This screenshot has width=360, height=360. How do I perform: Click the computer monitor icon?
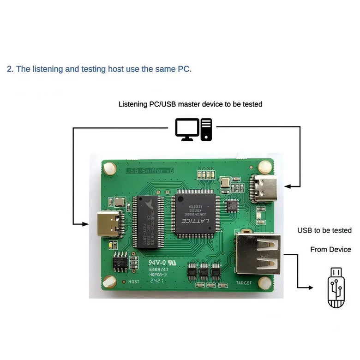(x=187, y=129)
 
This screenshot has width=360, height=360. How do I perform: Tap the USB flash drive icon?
(x=336, y=288)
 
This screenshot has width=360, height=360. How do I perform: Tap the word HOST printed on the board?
(x=133, y=282)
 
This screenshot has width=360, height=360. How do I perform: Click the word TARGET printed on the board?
(x=244, y=283)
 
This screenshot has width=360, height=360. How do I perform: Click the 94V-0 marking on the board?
(x=157, y=263)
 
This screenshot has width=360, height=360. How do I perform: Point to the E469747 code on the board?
(x=158, y=269)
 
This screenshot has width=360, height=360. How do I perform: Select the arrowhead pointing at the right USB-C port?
(x=288, y=186)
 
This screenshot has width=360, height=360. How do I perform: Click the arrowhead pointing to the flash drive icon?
(x=310, y=288)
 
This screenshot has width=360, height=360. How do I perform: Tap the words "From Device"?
(x=330, y=250)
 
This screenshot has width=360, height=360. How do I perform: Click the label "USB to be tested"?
(x=324, y=230)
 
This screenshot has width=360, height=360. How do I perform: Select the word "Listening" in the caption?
(x=132, y=104)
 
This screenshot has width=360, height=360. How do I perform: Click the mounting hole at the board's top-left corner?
(x=110, y=168)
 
